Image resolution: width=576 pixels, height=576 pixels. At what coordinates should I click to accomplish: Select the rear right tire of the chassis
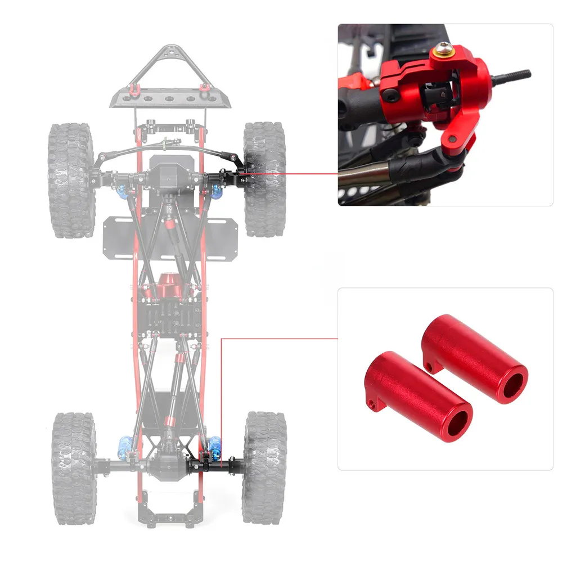(x=264, y=467)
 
